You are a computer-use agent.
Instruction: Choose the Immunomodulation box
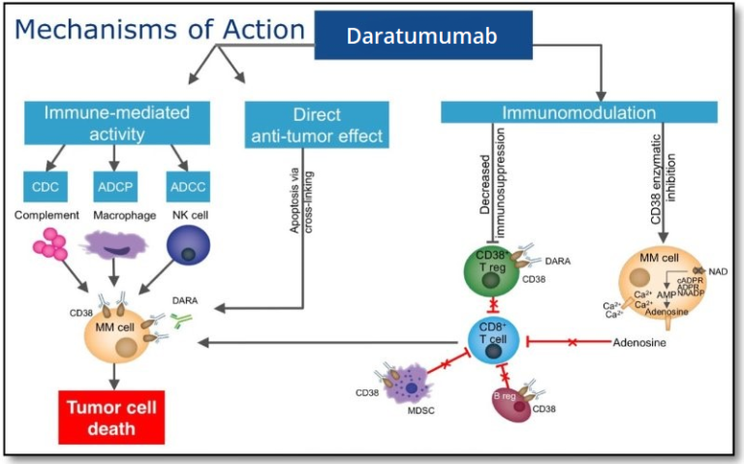coord(578,112)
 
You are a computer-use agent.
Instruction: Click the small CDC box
coord(45,185)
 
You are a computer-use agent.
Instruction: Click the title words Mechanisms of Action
coord(160,29)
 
